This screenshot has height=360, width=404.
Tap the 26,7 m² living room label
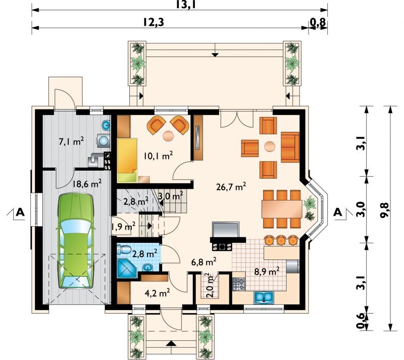231,186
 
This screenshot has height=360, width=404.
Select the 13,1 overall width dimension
185,5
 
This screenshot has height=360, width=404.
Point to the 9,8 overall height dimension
385,207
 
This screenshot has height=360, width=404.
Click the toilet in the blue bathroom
124,250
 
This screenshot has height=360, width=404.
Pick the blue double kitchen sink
264,297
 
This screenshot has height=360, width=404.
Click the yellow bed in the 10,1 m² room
127,160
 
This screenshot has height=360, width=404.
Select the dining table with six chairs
282,209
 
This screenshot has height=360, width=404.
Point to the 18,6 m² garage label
87,184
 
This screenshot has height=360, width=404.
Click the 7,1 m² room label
71,141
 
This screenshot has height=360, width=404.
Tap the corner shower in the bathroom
127,268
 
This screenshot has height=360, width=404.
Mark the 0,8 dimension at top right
318,22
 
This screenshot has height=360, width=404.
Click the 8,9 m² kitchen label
267,271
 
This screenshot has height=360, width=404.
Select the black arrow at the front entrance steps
170,343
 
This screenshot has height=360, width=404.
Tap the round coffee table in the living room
270,146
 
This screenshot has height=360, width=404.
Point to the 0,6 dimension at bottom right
361,321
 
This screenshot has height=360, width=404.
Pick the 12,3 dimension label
154,22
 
